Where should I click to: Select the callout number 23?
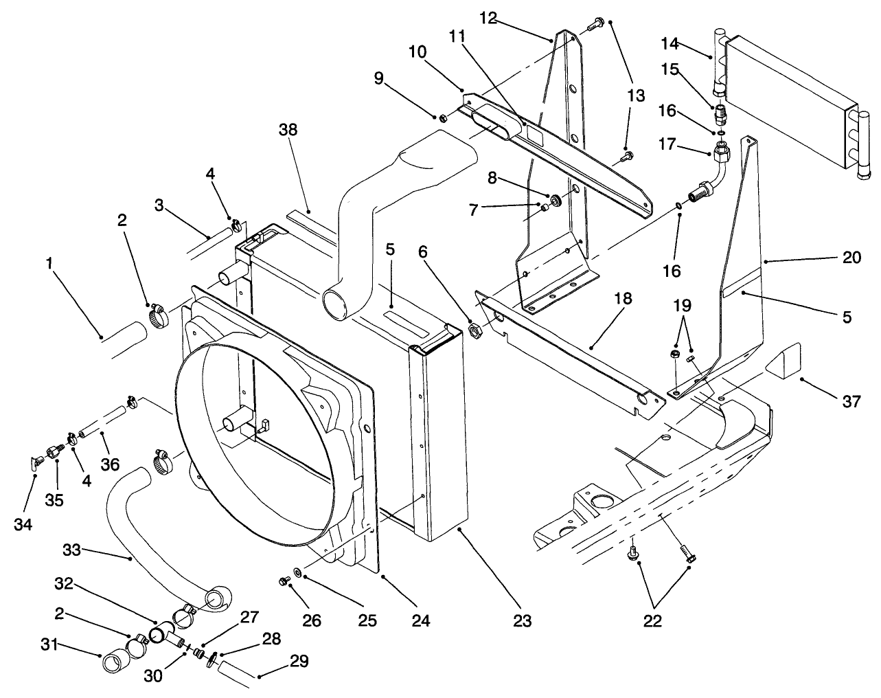pos(522,620)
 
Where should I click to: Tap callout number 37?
pos(851,401)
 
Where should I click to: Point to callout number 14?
pos(670,44)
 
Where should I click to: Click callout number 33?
pos(71,550)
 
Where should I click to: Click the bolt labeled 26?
pos(283,582)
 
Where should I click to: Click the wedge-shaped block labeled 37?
pos(783,363)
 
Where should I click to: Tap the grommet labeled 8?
pos(555,201)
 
